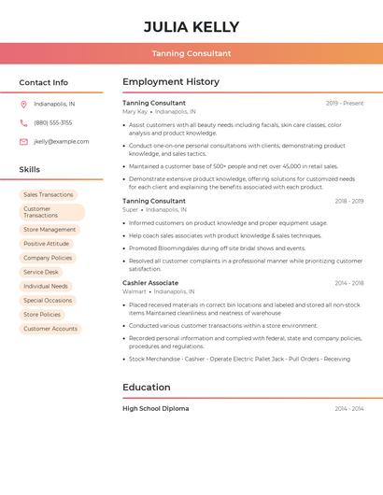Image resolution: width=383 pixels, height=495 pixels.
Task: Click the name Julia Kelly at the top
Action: [191, 27]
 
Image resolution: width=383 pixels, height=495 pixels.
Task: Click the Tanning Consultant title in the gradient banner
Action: [191, 53]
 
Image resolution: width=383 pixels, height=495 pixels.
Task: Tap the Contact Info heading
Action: [44, 82]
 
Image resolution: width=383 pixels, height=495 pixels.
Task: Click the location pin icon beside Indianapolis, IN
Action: [23, 104]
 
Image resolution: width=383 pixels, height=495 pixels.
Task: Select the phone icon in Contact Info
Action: [23, 122]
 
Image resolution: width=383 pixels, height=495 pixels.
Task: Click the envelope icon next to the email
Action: [23, 142]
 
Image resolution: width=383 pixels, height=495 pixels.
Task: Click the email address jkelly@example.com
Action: [62, 142]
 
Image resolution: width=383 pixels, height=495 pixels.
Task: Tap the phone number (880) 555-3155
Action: [53, 122]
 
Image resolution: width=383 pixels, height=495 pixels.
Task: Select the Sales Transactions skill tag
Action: [48, 194]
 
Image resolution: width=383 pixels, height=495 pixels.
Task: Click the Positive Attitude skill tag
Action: [47, 244]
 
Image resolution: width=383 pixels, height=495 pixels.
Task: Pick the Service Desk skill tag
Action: [41, 272]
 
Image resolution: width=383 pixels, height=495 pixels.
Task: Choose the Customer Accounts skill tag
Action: [50, 329]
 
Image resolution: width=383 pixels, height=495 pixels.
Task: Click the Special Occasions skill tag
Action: [48, 301]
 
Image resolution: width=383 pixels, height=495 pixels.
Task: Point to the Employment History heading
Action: [171, 82]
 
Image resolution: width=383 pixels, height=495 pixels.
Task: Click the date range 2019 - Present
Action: [345, 103]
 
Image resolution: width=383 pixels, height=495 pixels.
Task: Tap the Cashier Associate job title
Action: [150, 282]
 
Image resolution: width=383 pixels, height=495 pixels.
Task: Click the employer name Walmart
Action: [135, 291]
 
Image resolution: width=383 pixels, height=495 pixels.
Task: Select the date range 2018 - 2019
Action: [348, 201]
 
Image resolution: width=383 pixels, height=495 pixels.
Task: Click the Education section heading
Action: [147, 387]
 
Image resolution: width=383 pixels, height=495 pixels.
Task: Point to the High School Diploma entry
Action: [156, 408]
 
